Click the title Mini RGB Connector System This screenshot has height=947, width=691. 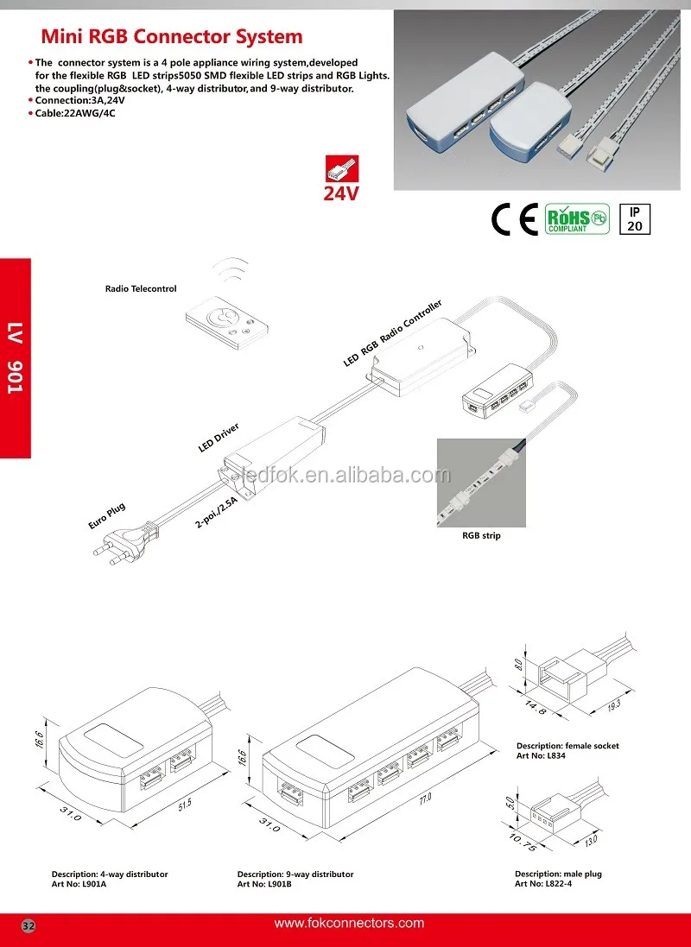[173, 37]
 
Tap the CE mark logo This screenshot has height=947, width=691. [514, 220]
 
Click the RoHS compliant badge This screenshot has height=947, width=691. [577, 219]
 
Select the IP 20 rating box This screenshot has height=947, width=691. [635, 219]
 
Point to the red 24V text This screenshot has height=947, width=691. [341, 193]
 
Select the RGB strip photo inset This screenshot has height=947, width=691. [481, 483]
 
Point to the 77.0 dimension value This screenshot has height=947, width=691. [424, 799]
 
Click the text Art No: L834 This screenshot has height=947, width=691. [541, 755]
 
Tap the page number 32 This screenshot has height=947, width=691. [29, 925]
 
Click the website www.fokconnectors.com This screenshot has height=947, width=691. [349, 924]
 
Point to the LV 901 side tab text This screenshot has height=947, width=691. [15, 358]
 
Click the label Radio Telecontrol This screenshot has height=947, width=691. [141, 289]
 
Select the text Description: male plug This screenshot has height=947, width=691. [558, 874]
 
